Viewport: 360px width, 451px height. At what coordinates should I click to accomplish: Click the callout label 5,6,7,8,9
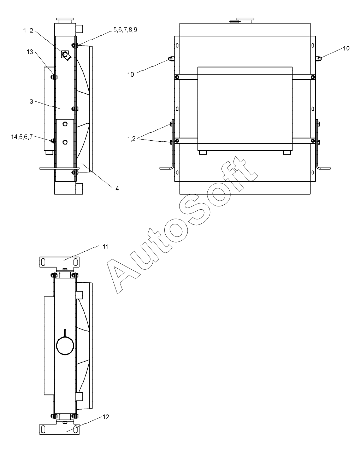coord(125,30)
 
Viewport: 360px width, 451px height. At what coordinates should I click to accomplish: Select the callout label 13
coord(30,52)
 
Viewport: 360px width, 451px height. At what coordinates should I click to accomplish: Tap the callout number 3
coord(31,102)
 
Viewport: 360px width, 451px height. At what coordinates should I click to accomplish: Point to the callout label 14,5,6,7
coord(22,137)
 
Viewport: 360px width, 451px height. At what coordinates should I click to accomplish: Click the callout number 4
coord(117,189)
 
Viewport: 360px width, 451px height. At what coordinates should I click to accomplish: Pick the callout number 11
coord(105,247)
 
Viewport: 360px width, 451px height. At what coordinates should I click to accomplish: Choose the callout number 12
coord(106,417)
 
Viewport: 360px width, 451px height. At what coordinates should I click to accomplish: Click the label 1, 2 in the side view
coord(28,31)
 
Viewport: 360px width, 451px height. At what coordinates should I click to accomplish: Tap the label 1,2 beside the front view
coord(131,139)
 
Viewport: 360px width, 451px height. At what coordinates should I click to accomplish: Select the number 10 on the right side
coord(346,48)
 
